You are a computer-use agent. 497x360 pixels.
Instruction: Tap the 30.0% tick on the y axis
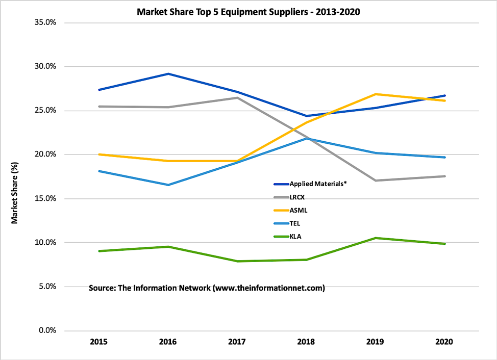[x=45, y=66]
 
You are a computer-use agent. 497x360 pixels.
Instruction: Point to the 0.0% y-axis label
[x=47, y=330]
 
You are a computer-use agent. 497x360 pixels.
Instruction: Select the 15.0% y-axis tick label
[x=45, y=198]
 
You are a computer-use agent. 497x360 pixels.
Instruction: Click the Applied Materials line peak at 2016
[x=168, y=74]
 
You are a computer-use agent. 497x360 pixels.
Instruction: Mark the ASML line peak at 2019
[x=376, y=94]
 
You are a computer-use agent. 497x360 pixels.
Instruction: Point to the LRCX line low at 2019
[x=376, y=181]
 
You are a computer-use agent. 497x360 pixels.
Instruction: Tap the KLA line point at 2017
[x=237, y=261]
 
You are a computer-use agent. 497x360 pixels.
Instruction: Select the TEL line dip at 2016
[x=168, y=185]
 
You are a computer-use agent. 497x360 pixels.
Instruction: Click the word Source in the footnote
[x=102, y=288]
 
